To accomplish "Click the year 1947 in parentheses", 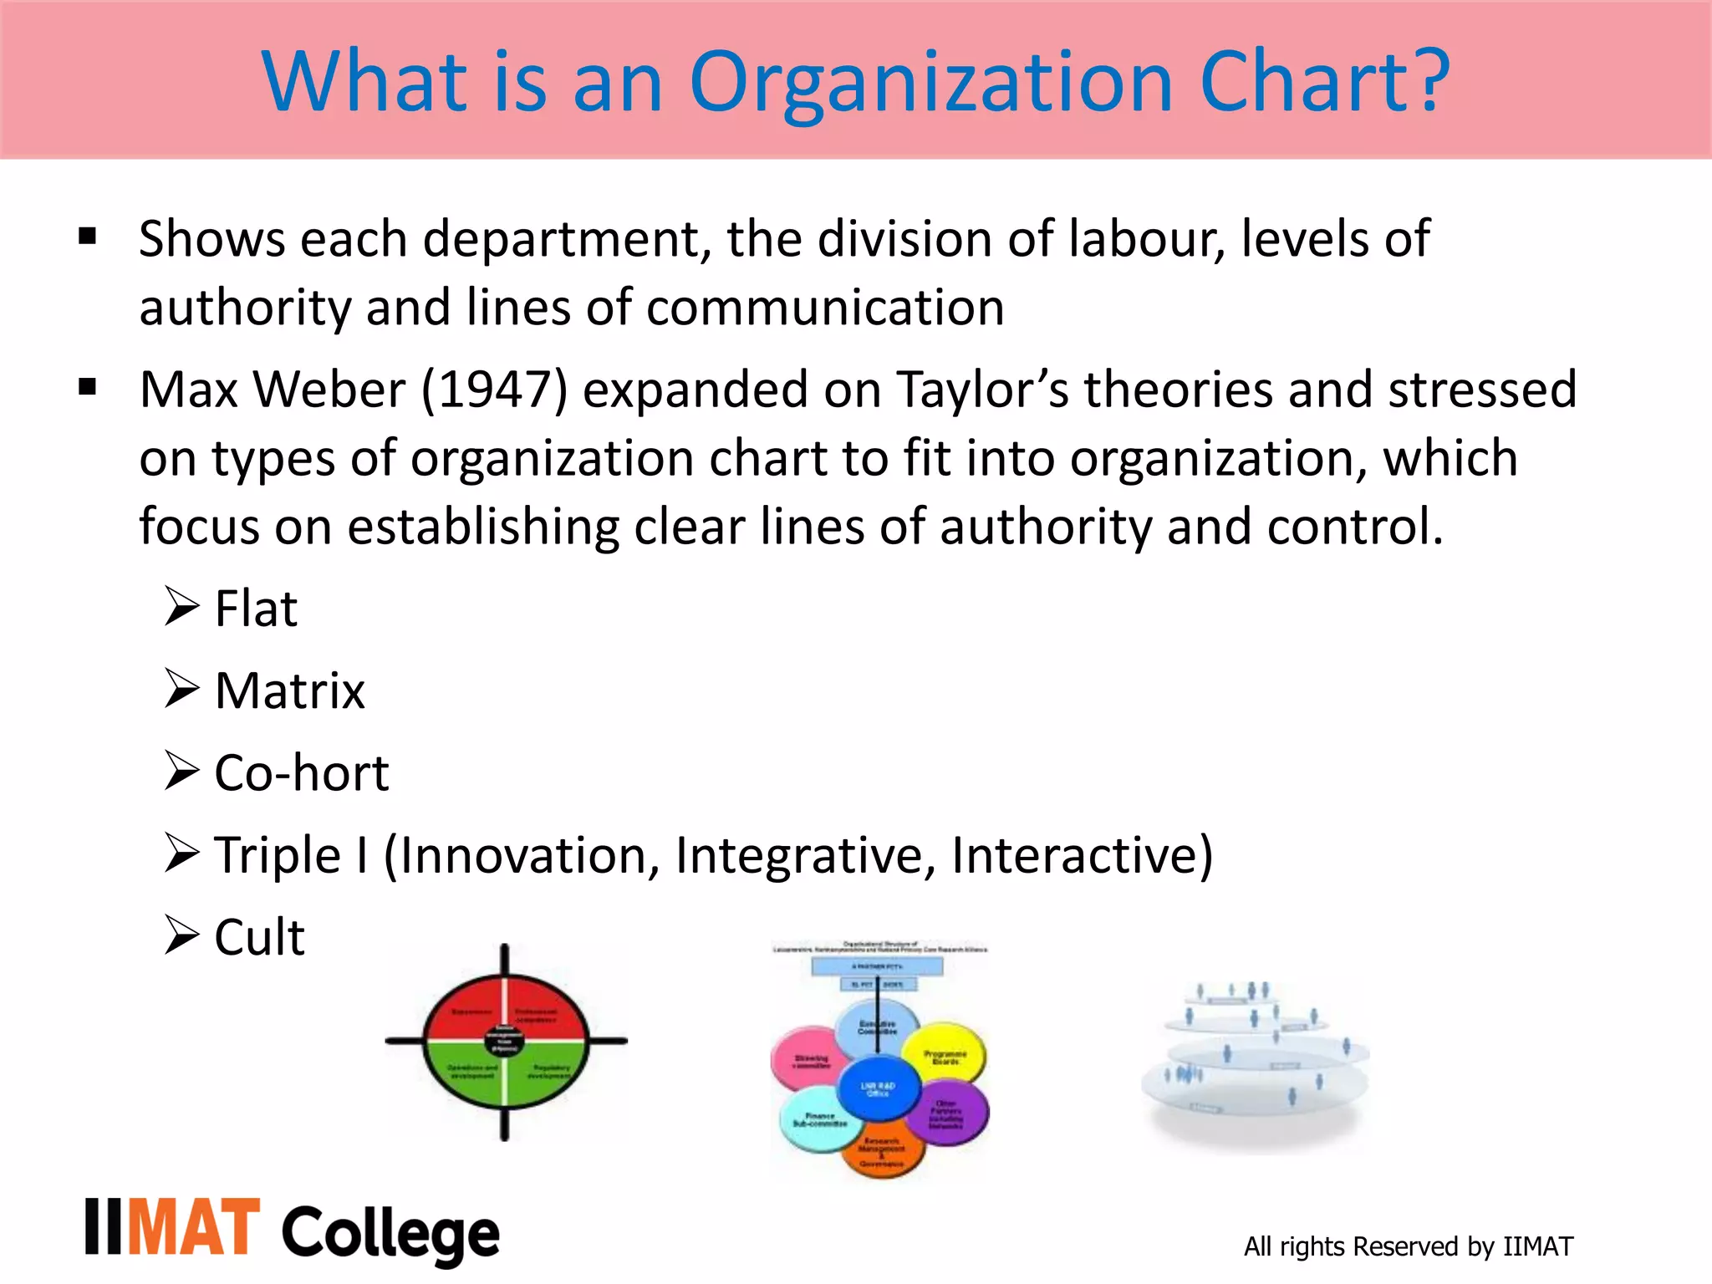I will click(494, 390).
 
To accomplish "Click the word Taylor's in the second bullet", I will click(983, 390).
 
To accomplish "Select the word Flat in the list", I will click(256, 609).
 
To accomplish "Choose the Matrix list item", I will click(289, 690).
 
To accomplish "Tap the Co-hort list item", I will click(302, 772).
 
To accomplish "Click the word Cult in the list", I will click(259, 936).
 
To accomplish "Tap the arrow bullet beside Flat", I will click(181, 606).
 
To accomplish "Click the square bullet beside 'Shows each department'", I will click(87, 237).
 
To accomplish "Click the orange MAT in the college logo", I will click(194, 1228).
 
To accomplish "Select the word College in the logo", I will click(390, 1234).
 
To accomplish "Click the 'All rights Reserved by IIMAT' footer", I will click(1408, 1246).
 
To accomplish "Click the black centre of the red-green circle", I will click(504, 1041).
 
